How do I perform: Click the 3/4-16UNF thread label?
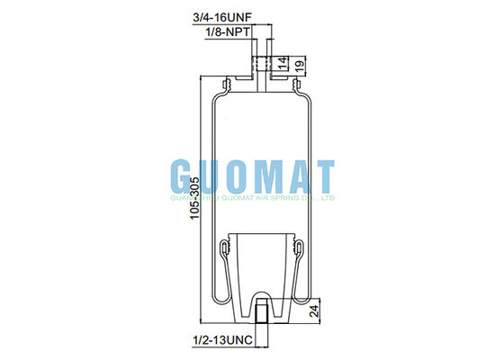pos(221,18)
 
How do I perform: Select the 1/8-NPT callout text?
pos(228,31)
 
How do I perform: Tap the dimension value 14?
pos(283,63)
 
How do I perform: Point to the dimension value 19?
pos(299,66)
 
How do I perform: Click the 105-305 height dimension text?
pos(194,198)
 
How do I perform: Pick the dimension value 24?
pos(314,310)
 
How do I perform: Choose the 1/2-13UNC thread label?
pos(222,340)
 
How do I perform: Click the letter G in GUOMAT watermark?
pos(184,176)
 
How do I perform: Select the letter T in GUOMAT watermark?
pos(322,176)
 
